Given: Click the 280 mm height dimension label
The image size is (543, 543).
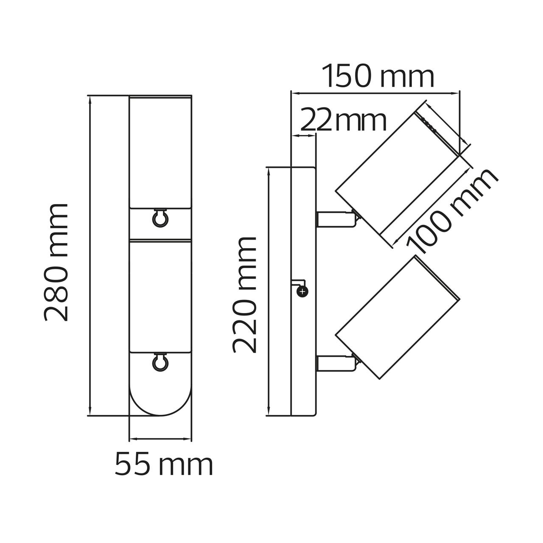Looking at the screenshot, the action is pyautogui.click(x=56, y=262).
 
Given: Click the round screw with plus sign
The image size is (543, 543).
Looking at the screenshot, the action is pyautogui.click(x=303, y=291).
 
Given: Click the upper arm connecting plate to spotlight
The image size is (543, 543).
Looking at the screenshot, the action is pyautogui.click(x=337, y=219).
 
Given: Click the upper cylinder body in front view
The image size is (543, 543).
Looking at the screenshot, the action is pyautogui.click(x=160, y=152).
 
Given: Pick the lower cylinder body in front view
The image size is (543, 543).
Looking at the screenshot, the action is pyautogui.click(x=160, y=296).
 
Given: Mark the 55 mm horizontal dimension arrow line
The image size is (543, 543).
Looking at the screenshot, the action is pyautogui.click(x=160, y=439).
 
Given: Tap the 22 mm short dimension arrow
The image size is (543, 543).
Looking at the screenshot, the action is pyautogui.click(x=303, y=136).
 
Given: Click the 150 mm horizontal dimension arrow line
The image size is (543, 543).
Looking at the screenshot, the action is pyautogui.click(x=375, y=92).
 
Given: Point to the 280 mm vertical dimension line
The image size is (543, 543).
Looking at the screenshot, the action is pyautogui.click(x=90, y=255).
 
